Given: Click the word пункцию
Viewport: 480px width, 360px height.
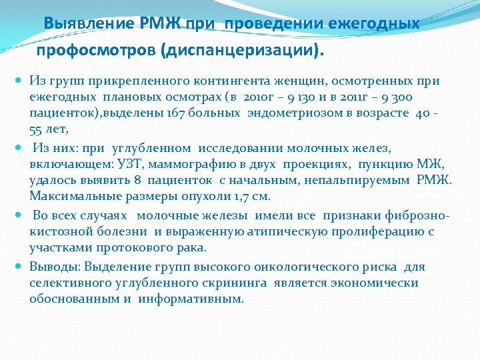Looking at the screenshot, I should pos(381,164).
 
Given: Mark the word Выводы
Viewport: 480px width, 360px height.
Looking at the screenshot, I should pos(52,267).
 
